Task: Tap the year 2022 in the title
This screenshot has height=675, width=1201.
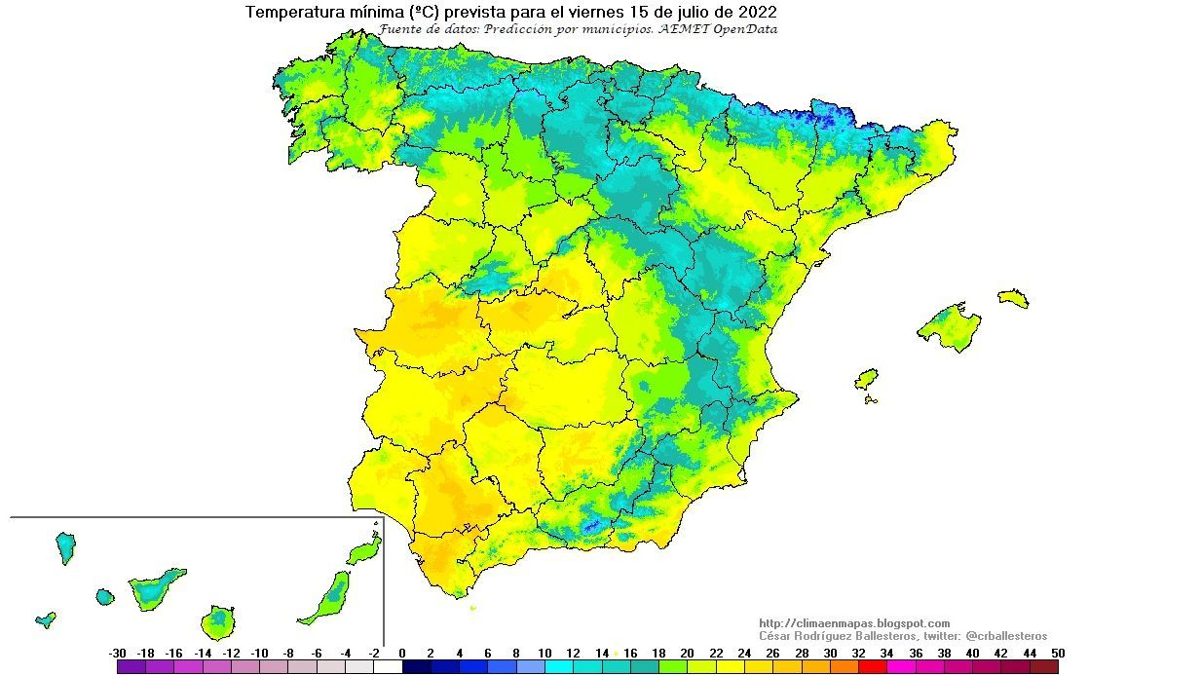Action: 757,13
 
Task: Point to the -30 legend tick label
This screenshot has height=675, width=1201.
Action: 118,653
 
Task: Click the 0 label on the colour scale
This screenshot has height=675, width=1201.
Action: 402,653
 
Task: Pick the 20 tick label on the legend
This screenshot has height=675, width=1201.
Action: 687,653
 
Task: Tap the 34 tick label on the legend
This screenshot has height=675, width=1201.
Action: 886,653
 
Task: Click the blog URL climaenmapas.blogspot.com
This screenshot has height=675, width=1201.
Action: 853,623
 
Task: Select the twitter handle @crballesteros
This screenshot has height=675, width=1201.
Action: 1006,636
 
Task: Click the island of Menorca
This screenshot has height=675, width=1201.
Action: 1013,297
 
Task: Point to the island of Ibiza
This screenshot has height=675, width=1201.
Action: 866,379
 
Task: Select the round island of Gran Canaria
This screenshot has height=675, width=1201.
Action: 218,621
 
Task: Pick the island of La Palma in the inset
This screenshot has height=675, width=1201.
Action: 65,547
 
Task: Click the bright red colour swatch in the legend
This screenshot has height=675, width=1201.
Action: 872,667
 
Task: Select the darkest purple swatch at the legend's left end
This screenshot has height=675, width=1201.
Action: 131,667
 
